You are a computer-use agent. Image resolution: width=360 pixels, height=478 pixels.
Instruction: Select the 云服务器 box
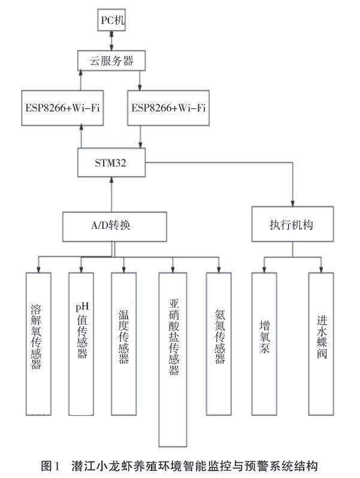[111, 60]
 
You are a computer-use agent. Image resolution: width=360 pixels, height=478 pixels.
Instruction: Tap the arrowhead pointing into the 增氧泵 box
[264, 269]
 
